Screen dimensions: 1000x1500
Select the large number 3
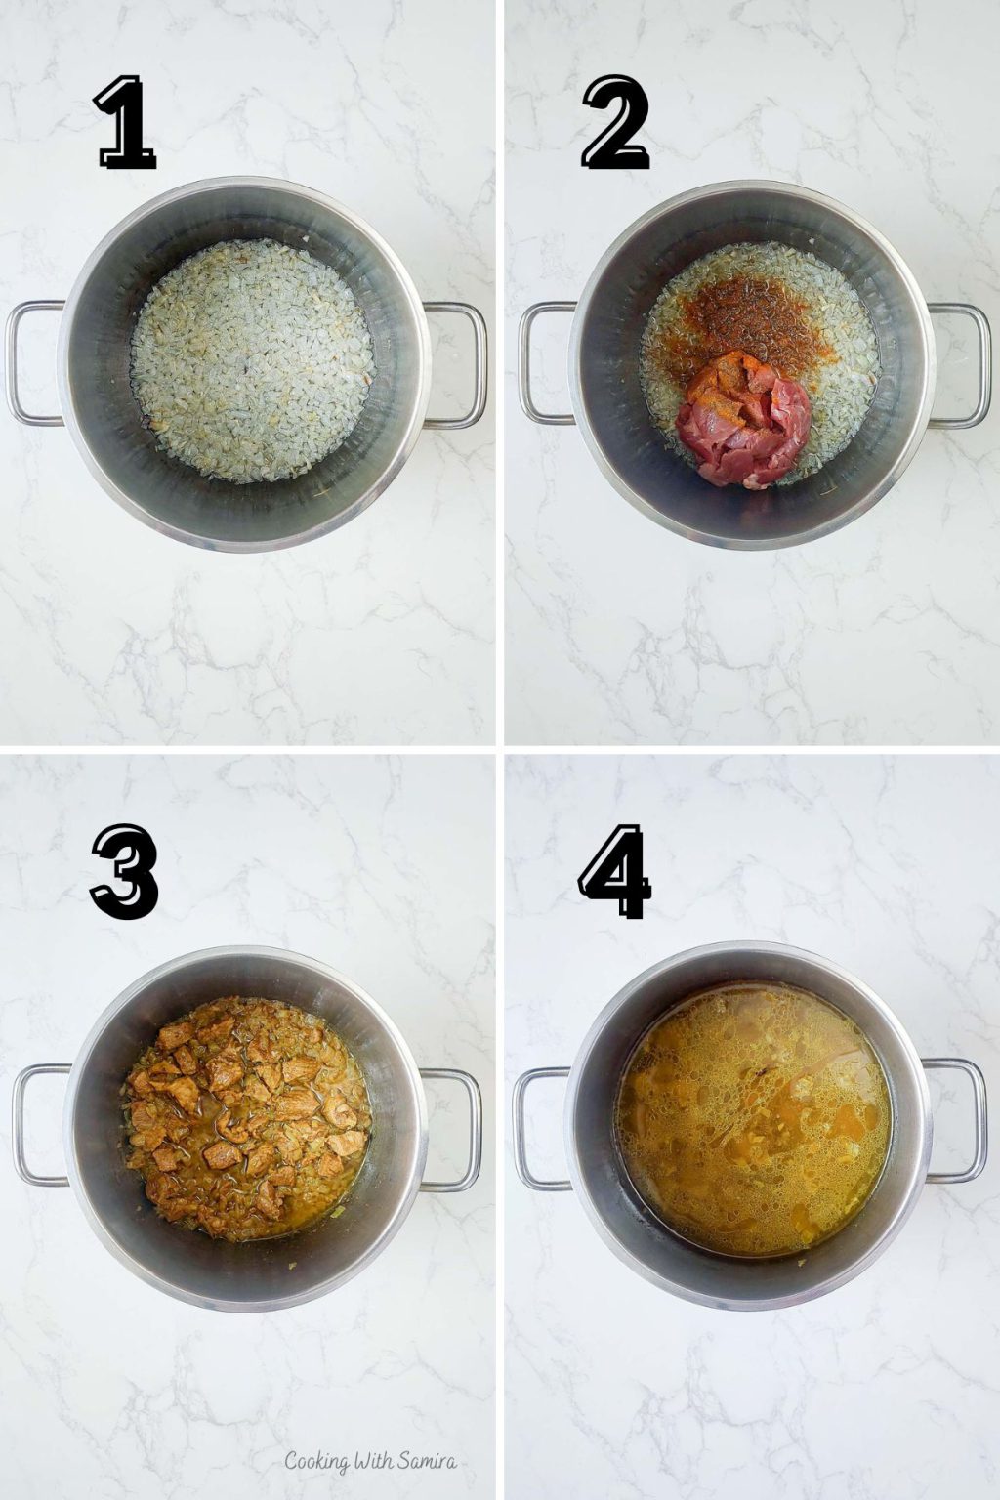click(125, 870)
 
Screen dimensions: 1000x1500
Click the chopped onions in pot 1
click(252, 360)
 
